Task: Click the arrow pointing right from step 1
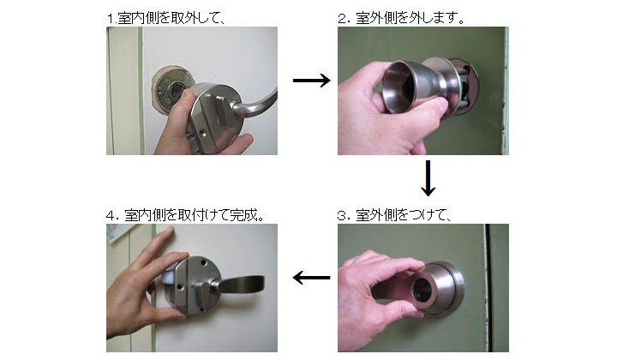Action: click(x=311, y=81)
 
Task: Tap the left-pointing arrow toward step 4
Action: click(x=312, y=278)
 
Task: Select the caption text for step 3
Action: click(x=396, y=214)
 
